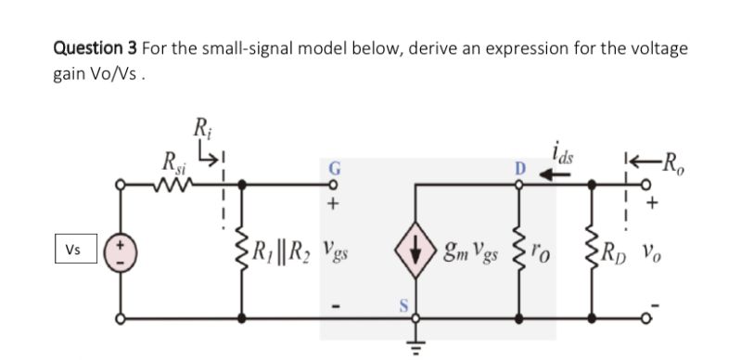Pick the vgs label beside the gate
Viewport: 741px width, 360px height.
coord(331,251)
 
